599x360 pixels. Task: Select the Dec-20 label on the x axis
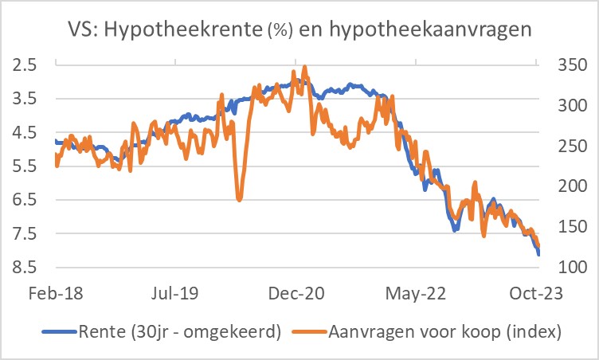point(295,293)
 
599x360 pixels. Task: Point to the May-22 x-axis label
point(414,293)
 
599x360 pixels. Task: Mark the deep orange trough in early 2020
point(239,199)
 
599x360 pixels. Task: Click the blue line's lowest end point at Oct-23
point(538,254)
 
